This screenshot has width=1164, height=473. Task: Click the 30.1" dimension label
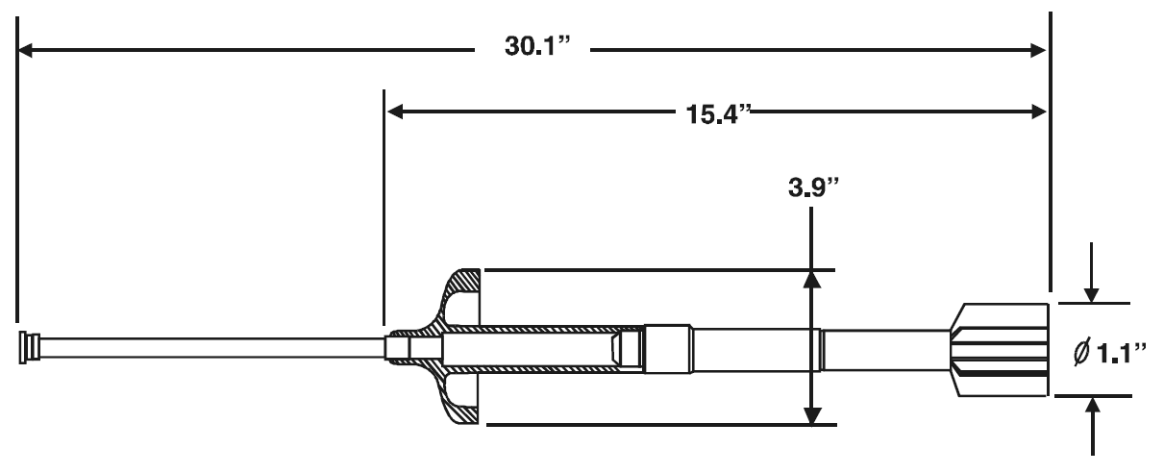tap(537, 46)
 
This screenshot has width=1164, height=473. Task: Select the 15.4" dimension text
tap(719, 114)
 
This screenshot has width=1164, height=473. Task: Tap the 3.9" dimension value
tap(814, 187)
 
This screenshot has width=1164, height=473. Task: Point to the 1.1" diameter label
tap(1121, 354)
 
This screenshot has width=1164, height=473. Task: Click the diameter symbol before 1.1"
tap(1082, 353)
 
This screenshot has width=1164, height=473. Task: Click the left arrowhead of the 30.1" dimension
tap(25, 50)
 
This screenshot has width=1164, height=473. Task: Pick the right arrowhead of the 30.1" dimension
tap(1038, 50)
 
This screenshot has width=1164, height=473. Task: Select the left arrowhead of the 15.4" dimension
tap(394, 112)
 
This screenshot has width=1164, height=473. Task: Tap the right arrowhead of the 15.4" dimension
tap(1038, 112)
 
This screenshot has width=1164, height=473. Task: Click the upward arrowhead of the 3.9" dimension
tap(811, 279)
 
